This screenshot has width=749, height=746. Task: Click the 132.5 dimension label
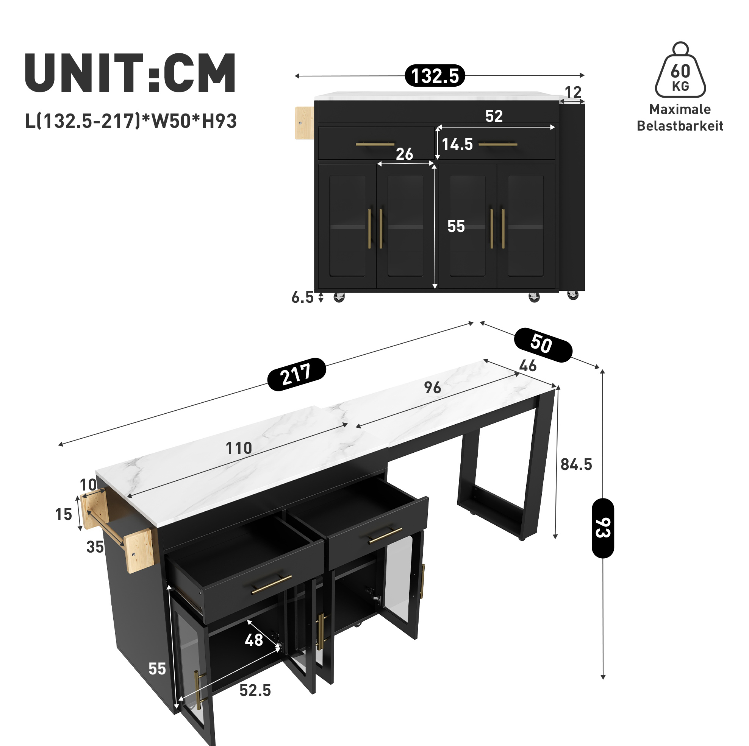coord(435,76)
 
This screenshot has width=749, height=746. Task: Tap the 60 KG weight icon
coord(680,70)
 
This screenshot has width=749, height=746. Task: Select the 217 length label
coord(297,374)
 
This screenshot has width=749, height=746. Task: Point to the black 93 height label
coord(603,528)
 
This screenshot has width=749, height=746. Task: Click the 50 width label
coord(543,344)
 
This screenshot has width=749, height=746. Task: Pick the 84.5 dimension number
coord(577,464)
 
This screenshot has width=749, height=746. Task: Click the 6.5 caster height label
coord(302,297)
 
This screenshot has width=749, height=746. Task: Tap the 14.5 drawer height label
coord(457,144)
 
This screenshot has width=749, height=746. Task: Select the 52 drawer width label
coord(494,116)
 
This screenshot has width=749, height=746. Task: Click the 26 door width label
coord(404,154)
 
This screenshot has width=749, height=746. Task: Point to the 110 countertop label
coord(239,448)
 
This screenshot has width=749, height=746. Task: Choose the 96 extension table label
coord(432,387)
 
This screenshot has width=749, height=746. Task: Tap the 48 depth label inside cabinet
coord(254,640)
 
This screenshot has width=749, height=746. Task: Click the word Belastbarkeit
coord(680,126)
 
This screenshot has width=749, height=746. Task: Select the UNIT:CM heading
coord(130,73)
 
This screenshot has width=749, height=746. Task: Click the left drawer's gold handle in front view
coord(375,145)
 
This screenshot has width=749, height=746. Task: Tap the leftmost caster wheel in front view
coord(339,297)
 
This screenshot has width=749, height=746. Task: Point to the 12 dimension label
coord(573,92)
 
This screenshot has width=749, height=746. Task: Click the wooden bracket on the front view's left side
coord(304,123)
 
